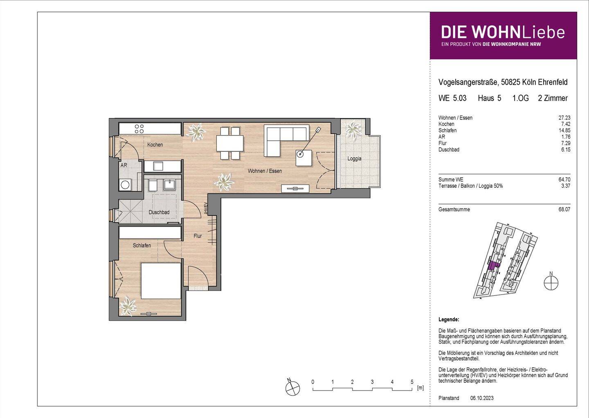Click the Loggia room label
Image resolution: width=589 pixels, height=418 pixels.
pos(354,159)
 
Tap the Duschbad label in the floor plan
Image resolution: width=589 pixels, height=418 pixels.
pos(159,212)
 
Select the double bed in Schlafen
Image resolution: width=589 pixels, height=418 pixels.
pos(161,281)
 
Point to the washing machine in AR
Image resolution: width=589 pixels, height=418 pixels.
pos(125,185)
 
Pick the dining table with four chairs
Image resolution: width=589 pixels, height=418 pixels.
pos(229,143)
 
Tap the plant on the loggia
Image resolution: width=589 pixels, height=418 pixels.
pos(351,130)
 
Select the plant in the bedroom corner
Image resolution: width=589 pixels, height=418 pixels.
pos(128,306)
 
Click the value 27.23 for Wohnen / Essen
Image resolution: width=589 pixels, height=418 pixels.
pos(564,118)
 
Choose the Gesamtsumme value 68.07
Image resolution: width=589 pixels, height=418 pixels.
pos(564,209)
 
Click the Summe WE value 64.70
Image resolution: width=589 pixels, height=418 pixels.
pos(564,180)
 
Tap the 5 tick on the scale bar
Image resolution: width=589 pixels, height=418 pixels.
pos(412,382)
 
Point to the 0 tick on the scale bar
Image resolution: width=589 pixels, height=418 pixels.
pos(313,382)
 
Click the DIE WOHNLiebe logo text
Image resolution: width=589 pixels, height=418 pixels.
pos(503,32)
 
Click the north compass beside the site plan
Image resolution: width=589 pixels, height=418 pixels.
pos(551,282)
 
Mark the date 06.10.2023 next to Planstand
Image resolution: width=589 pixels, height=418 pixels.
pos(482,398)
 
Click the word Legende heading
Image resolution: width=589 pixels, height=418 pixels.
pos(448,319)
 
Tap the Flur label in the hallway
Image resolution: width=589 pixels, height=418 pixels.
pos(198,236)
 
